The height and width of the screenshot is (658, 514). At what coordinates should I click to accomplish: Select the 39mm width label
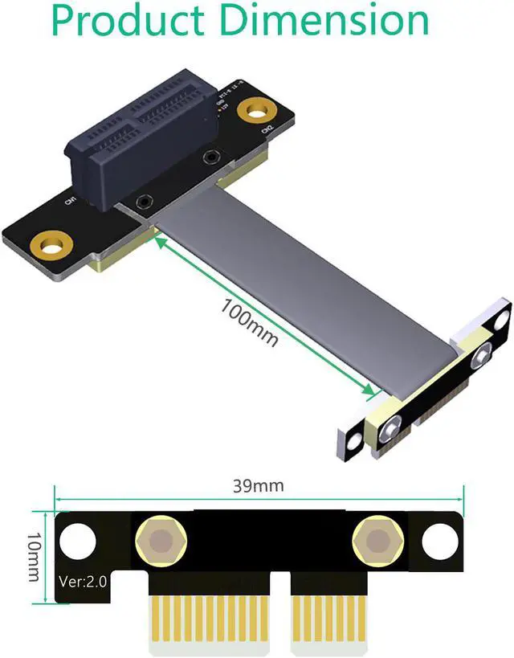point(258,486)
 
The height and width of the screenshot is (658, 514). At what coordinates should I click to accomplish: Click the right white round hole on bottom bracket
point(439,540)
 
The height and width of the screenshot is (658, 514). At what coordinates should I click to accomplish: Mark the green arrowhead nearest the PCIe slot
point(160,240)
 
